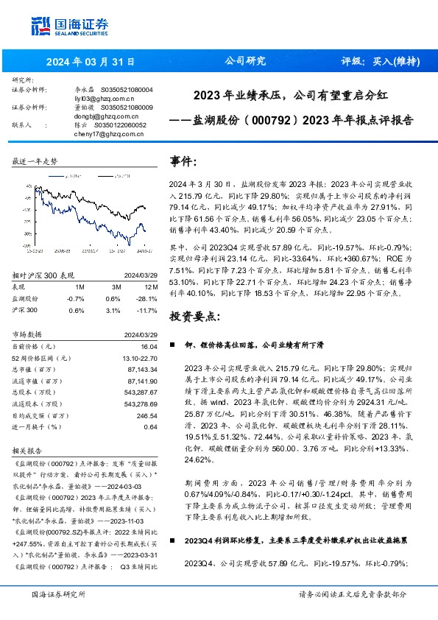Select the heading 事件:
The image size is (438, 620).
pyautogui.click(x=183, y=161)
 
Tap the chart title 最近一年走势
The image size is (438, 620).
pyautogui.click(x=35, y=161)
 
